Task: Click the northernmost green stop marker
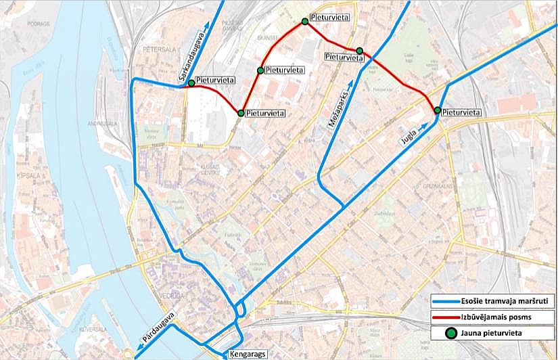[x=305, y=22]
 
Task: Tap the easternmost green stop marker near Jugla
[x=438, y=110]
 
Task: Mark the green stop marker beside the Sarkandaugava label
[x=191, y=83]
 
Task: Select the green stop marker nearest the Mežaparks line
[x=359, y=51]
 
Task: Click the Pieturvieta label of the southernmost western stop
[x=265, y=113]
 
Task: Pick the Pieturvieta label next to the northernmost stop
[x=330, y=16]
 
